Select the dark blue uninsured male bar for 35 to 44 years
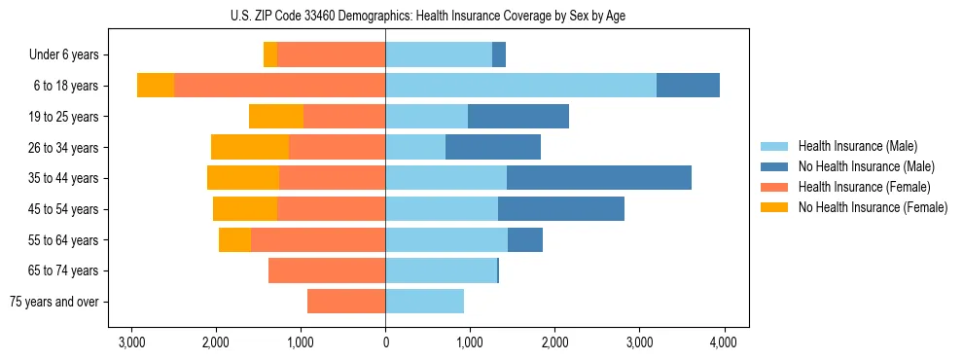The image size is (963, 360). click(598, 178)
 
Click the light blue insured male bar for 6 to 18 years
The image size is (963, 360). click(520, 86)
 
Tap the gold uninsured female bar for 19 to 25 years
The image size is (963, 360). click(276, 117)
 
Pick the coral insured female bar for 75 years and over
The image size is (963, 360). click(346, 302)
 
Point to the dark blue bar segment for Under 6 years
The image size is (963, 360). click(499, 55)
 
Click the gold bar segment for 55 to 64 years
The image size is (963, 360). click(234, 240)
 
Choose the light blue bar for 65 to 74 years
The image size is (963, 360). click(441, 270)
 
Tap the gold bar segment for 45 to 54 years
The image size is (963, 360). click(245, 209)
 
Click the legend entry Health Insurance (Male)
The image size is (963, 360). click(852, 146)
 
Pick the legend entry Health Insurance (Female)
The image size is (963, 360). click(857, 187)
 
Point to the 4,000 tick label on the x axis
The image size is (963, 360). click(723, 342)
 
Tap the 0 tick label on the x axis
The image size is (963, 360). click(385, 342)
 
